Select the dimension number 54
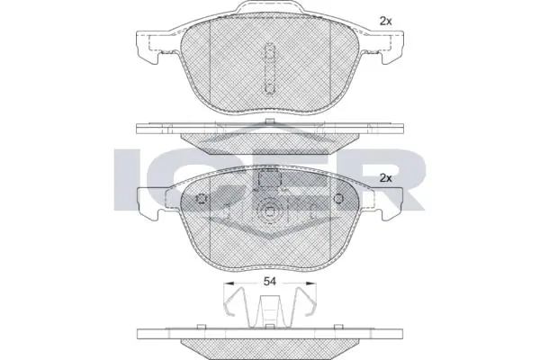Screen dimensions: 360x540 point(269,282)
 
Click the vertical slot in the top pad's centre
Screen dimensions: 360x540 point(270,67)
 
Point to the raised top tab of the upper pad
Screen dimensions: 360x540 point(269,13)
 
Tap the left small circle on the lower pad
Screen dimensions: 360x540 point(202,200)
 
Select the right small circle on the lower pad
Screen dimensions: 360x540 point(338,200)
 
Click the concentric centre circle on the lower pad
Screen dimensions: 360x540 point(270,215)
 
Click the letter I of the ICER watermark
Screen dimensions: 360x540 point(128,175)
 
